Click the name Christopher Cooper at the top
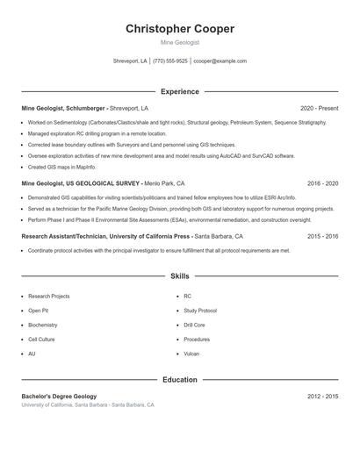(180, 28)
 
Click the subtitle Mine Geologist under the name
(180, 42)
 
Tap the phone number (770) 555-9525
(170, 61)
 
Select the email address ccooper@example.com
(220, 61)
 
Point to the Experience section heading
(180, 91)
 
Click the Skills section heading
(180, 275)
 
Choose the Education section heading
(180, 380)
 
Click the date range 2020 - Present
(319, 108)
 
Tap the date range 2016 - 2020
(322, 184)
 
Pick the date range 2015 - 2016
(322, 236)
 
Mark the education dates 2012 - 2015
(322, 397)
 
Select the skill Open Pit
(38, 311)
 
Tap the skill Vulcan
(191, 354)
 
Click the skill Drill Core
(195, 325)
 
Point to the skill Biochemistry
(43, 325)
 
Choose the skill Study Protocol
(200, 311)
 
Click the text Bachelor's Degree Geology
(59, 397)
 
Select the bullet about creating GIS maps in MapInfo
(61, 167)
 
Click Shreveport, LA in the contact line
(130, 61)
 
